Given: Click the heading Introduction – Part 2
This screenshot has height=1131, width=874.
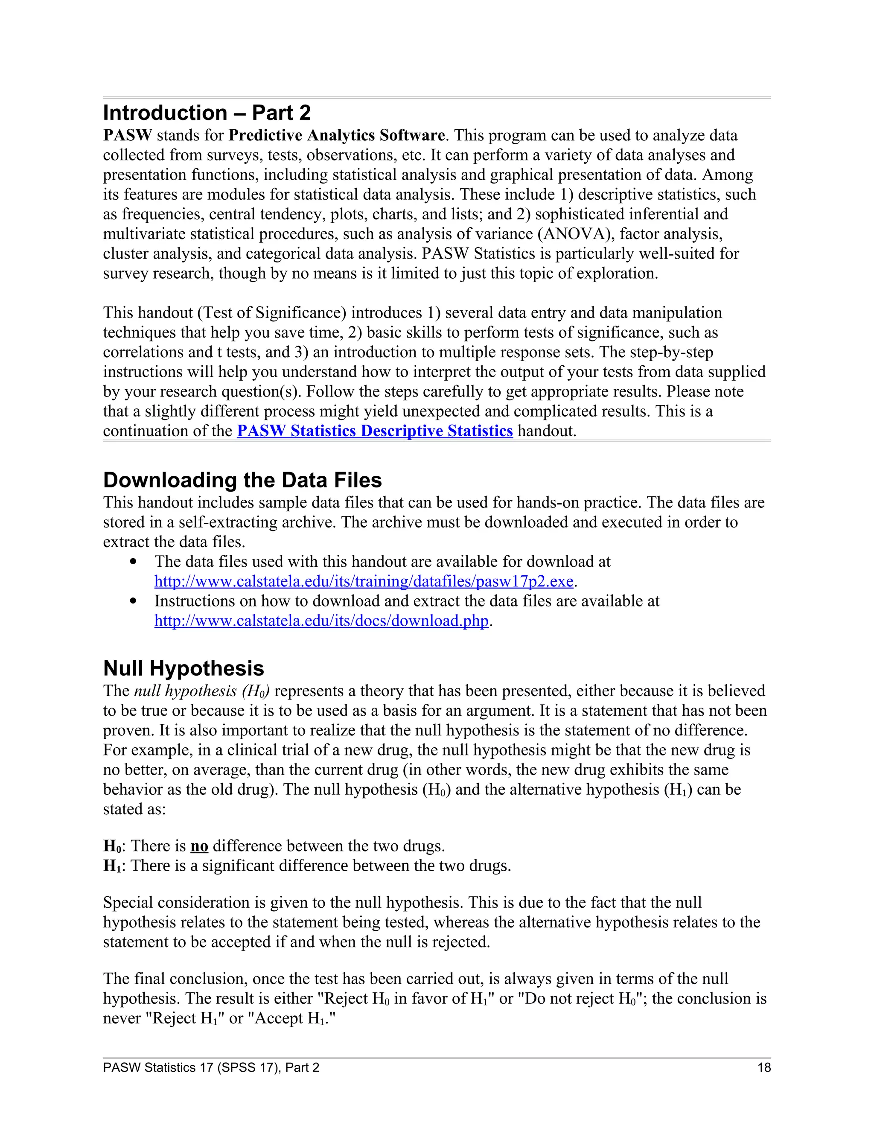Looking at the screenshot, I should click(207, 113).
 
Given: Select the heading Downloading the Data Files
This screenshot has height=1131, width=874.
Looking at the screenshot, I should click(242, 480).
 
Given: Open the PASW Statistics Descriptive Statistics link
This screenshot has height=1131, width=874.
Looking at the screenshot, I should click(375, 431).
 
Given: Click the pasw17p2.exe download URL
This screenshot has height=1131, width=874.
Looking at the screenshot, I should click(364, 582).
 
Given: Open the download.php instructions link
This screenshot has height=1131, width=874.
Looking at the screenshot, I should click(321, 621).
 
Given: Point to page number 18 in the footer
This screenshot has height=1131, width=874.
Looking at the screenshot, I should click(764, 1068).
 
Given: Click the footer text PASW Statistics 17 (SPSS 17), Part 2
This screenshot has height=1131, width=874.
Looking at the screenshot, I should click(211, 1068).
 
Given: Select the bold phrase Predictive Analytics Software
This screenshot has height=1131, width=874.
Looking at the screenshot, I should click(337, 136).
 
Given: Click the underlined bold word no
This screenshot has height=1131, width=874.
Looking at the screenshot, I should click(199, 846).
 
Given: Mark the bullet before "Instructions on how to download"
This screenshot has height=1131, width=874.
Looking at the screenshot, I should click(134, 601).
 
